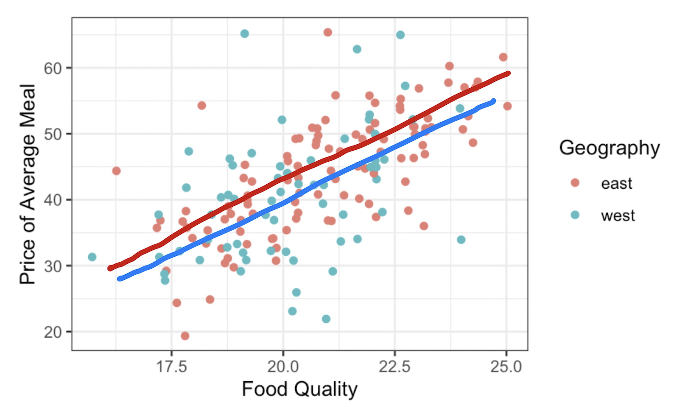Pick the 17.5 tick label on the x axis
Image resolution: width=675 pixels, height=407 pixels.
point(172,367)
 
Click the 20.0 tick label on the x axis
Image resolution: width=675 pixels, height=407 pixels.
point(283,367)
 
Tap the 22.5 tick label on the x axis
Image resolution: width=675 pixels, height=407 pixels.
point(395,367)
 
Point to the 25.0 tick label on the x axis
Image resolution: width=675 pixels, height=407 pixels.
point(506,367)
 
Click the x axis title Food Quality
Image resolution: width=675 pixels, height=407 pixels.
point(299,389)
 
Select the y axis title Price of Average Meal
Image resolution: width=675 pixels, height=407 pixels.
point(28,184)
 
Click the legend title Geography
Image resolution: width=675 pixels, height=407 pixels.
point(609,148)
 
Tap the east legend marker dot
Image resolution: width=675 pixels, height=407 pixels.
point(575,183)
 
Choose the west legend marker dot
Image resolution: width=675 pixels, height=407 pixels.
point(575,215)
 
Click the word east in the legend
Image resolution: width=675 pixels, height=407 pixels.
point(616,183)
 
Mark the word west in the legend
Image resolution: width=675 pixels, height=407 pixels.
point(618,215)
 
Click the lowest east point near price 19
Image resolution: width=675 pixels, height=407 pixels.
point(185,336)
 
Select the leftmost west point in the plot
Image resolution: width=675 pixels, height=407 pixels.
point(92,257)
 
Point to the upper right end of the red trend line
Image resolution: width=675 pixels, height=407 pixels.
point(508,73)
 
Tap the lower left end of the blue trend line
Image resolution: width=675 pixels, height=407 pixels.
point(120,278)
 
